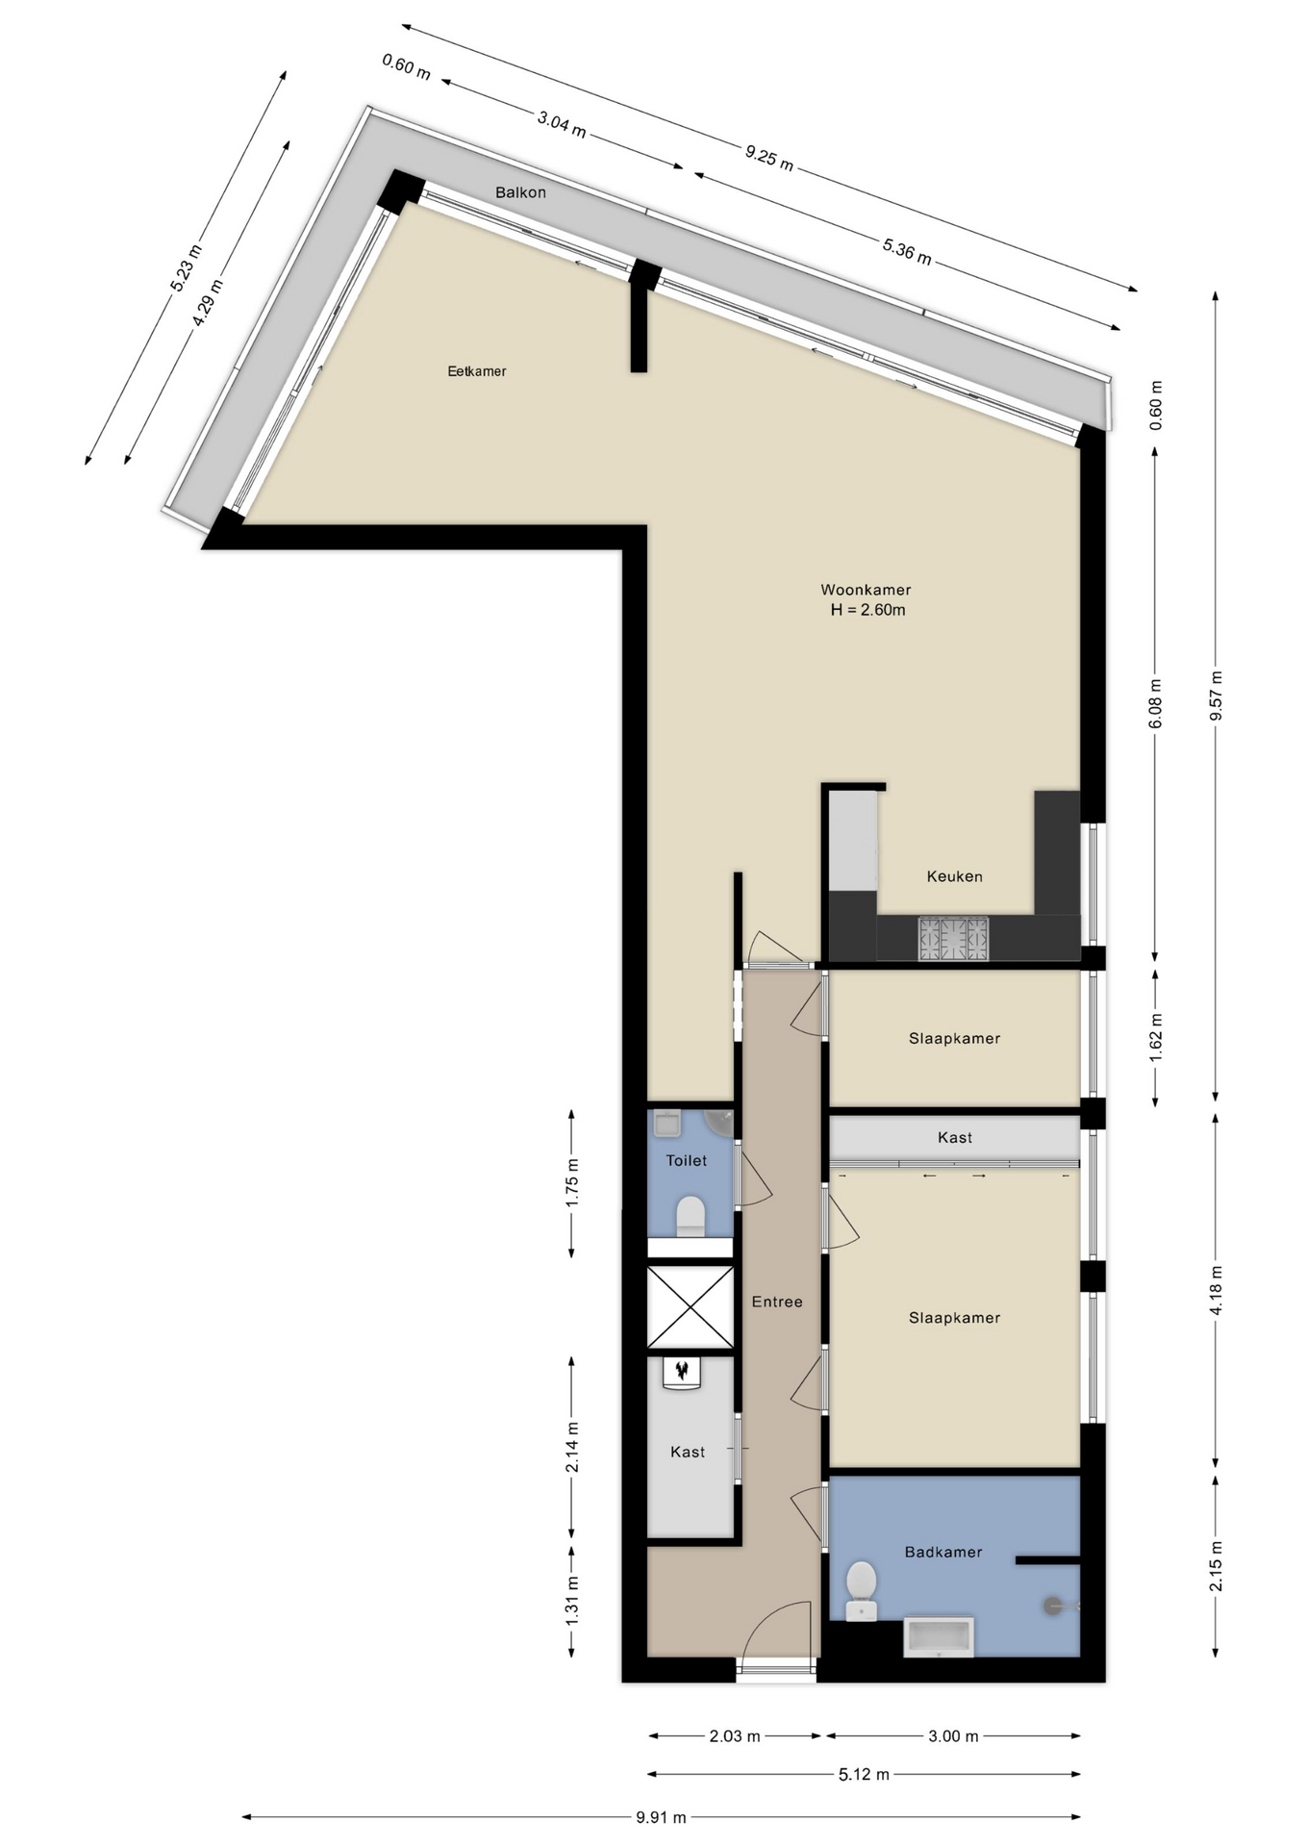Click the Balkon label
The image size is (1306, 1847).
[520, 192]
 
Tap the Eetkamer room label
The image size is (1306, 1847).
[477, 371]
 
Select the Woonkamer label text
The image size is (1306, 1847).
[866, 590]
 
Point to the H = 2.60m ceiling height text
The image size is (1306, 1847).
[867, 610]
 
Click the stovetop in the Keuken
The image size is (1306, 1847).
[953, 938]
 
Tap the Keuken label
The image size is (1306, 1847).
[955, 876]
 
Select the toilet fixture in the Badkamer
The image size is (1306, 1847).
[861, 1590]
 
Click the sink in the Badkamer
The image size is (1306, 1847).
[939, 1637]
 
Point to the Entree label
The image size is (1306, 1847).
[777, 1302]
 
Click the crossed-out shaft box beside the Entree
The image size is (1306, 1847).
[691, 1306]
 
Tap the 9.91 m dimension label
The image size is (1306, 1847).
[661, 1817]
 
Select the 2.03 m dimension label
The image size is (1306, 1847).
[735, 1736]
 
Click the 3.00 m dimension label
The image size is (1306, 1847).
[953, 1736]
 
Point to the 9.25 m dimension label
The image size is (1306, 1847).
[769, 157]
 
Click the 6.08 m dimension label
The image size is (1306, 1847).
[1156, 703]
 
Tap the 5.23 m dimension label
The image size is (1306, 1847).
[187, 268]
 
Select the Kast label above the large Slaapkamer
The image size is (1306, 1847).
[955, 1137]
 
